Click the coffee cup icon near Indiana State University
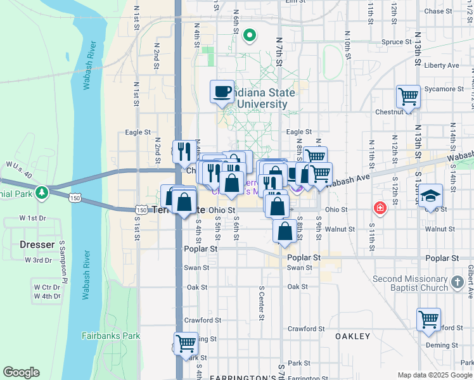click(x=222, y=91)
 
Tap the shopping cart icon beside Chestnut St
click(x=408, y=97)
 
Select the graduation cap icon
click(x=430, y=196)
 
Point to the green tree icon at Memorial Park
click(x=42, y=191)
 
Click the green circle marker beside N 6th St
click(x=250, y=35)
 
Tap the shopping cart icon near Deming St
click(x=429, y=320)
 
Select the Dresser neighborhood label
click(x=28, y=244)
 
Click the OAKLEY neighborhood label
click(x=352, y=336)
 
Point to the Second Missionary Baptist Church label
click(x=419, y=283)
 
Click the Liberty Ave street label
click(x=442, y=65)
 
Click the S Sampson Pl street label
click(x=64, y=262)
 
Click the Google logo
click(x=21, y=372)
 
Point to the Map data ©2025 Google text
click(x=434, y=375)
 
